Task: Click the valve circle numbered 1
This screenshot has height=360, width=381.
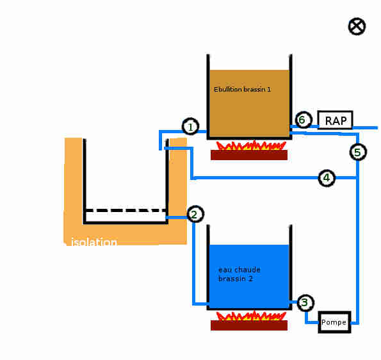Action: click(191, 126)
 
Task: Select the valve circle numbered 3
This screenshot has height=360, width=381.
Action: click(305, 302)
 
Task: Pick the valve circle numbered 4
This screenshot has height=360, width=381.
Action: click(327, 177)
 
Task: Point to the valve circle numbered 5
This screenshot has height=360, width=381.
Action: click(358, 152)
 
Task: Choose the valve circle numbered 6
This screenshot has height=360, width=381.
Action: click(303, 120)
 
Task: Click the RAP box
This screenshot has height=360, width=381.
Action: click(335, 120)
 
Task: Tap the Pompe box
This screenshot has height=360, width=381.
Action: click(335, 322)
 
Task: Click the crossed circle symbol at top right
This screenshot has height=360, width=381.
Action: click(357, 26)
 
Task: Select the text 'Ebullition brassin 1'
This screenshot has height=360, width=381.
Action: click(242, 90)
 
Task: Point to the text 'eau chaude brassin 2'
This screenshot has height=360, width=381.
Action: click(239, 274)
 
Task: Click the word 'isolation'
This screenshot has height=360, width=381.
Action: click(94, 242)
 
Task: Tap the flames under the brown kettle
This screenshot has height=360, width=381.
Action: click(251, 145)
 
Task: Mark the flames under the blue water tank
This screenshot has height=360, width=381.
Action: click(251, 316)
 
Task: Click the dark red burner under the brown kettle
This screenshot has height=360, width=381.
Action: click(249, 155)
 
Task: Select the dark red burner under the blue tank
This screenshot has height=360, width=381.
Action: click(249, 325)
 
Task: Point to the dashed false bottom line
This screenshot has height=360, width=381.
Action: click(126, 210)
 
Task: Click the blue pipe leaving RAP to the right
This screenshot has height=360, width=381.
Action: click(365, 127)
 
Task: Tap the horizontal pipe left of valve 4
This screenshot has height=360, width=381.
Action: click(254, 178)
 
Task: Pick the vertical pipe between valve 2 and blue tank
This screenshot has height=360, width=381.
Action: click(193, 263)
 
